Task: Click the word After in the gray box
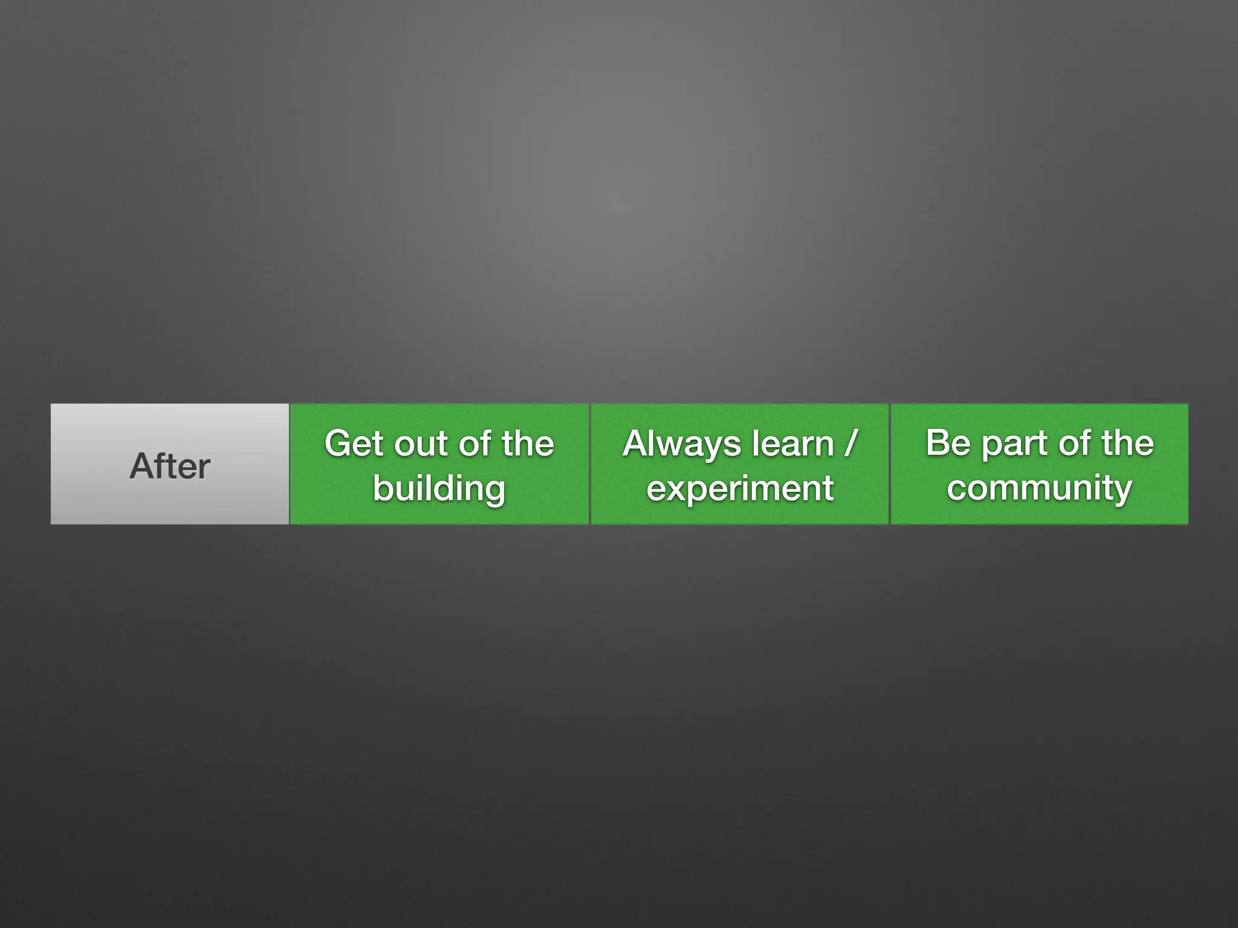click(x=170, y=466)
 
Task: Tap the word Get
click(x=353, y=444)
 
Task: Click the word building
click(x=439, y=488)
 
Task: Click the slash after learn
click(x=851, y=444)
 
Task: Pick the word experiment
click(x=740, y=488)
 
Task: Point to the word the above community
click(x=1127, y=443)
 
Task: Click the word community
click(x=1039, y=488)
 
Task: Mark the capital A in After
click(x=141, y=466)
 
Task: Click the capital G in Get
click(x=337, y=444)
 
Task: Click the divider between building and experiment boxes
click(x=589, y=464)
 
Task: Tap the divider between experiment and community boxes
click(x=890, y=464)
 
